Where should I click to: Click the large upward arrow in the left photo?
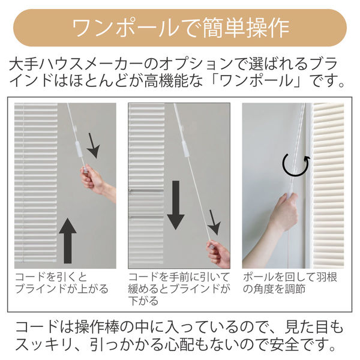point(67,241)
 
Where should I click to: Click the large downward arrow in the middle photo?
point(176,205)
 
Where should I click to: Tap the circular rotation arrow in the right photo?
point(296,165)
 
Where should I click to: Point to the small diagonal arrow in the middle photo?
point(214,222)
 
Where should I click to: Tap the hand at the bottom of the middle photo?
point(219,254)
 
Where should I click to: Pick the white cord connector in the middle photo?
point(185,146)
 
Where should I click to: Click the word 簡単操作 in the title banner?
point(246,28)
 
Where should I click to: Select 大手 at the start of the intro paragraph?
point(23,64)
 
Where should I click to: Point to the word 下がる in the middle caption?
point(143,301)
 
